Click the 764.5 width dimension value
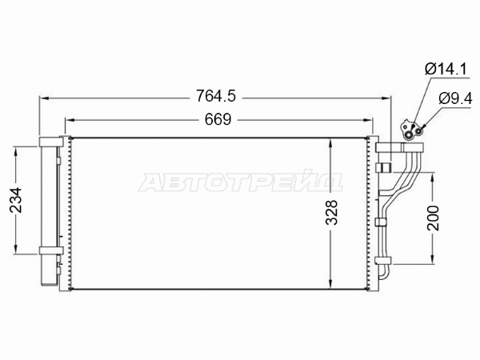[x=216, y=96]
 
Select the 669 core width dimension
[x=218, y=119]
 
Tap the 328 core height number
[x=331, y=213]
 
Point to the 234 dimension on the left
[x=16, y=200]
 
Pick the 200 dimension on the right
[x=433, y=218]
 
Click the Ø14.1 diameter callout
[x=446, y=69]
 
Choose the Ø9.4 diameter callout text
[x=455, y=98]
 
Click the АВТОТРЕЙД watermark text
[x=240, y=182]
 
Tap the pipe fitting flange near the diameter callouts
[x=412, y=130]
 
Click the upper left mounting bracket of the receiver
[x=51, y=142]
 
